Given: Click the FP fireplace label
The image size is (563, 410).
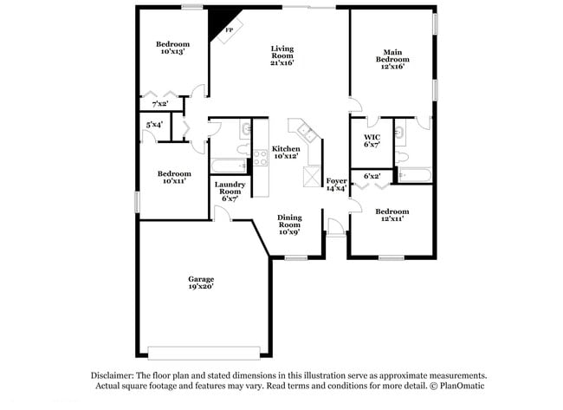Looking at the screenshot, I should [x=229, y=31].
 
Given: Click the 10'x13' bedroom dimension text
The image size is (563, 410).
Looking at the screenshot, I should [x=172, y=52].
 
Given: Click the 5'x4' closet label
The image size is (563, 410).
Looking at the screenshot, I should [x=155, y=125].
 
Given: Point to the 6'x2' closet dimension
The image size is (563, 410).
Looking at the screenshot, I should [x=372, y=176].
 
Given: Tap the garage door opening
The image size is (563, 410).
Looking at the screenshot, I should [x=202, y=353].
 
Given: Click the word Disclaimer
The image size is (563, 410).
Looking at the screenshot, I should [x=114, y=375].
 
